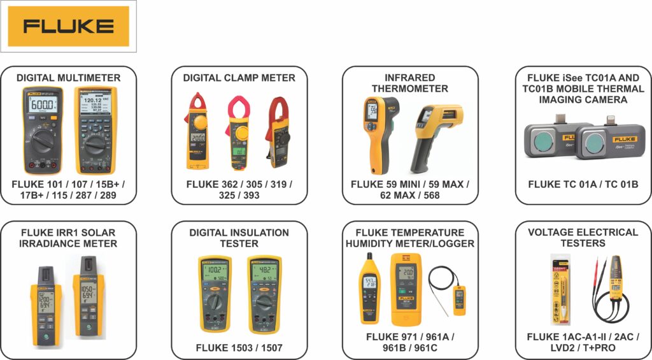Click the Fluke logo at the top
(68, 26)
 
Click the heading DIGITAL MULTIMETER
(68, 78)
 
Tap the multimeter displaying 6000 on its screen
(43, 129)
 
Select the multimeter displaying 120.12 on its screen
(96, 129)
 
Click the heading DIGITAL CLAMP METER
(239, 78)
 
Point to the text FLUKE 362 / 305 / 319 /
(239, 184)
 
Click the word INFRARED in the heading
(409, 78)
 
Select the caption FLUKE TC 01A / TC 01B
(583, 184)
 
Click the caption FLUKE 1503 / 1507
(239, 348)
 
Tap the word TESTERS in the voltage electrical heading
(583, 243)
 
